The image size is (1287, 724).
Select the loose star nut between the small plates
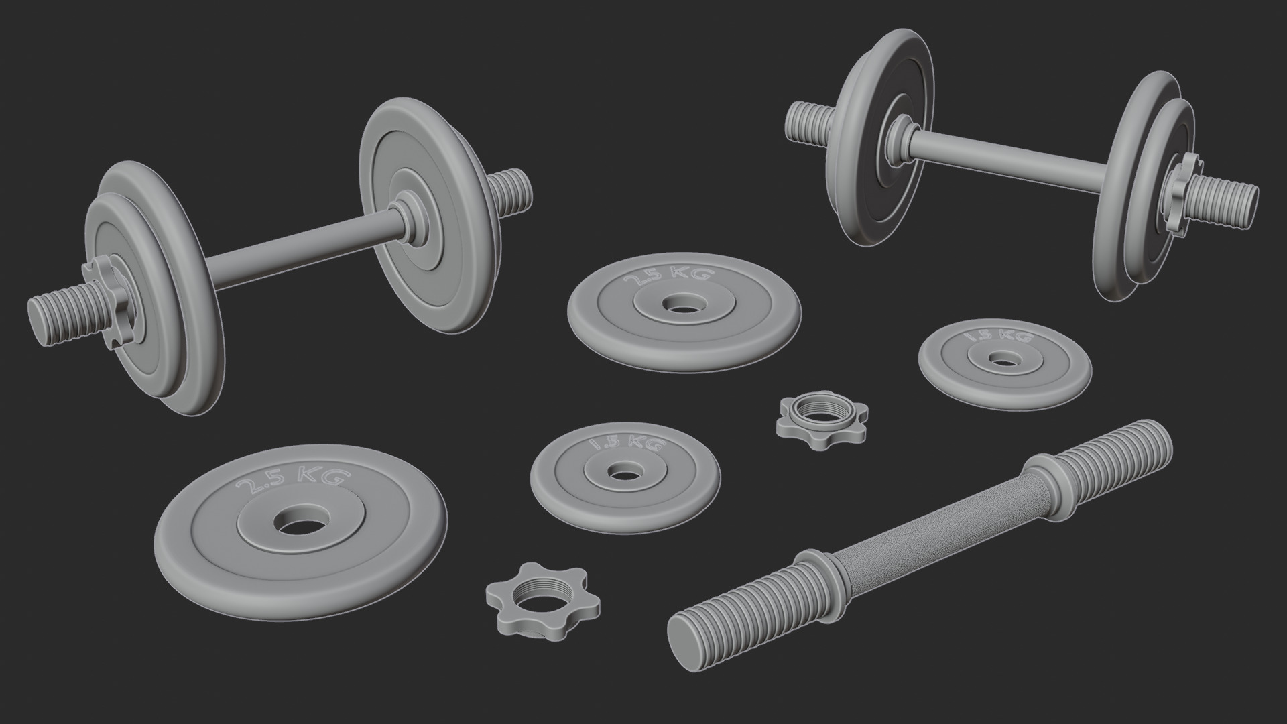(x=822, y=420)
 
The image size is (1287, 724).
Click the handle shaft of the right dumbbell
(x=1005, y=154)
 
